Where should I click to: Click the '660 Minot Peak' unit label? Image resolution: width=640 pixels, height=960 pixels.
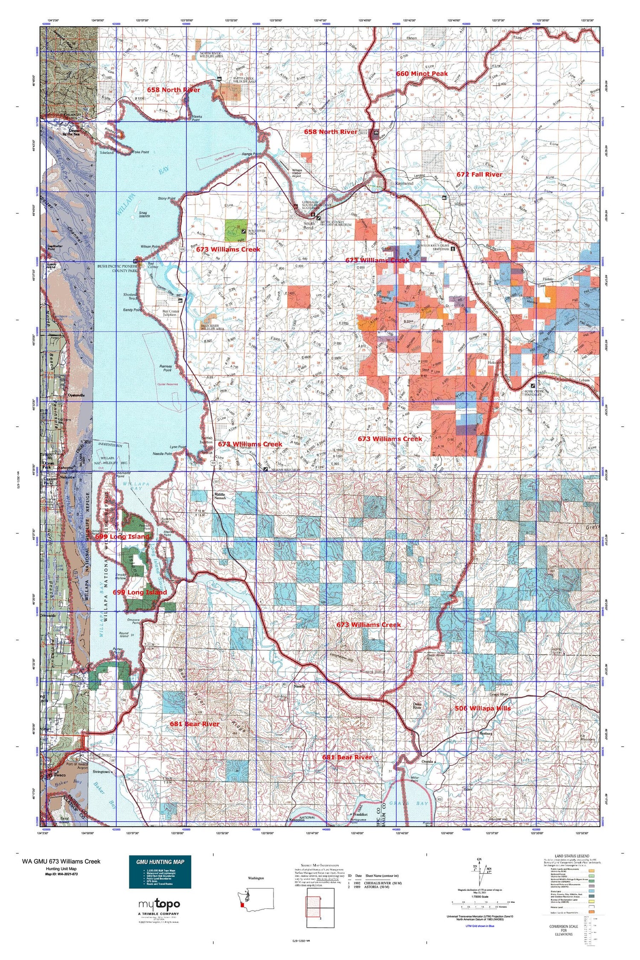click(x=422, y=73)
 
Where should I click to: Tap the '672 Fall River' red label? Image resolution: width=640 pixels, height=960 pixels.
click(x=479, y=175)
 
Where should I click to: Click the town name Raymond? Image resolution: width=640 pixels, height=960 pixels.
click(x=404, y=183)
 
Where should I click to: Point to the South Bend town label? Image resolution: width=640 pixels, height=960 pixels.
click(x=309, y=226)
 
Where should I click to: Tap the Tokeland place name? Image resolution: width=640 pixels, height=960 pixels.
click(x=107, y=152)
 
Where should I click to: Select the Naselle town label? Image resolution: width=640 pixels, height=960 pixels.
click(x=300, y=687)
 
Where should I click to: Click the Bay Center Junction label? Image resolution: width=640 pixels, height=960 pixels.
click(x=173, y=313)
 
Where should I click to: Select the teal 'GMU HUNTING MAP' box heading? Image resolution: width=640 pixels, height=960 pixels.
click(x=160, y=862)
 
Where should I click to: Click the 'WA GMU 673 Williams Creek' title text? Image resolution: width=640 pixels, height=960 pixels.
click(x=61, y=861)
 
